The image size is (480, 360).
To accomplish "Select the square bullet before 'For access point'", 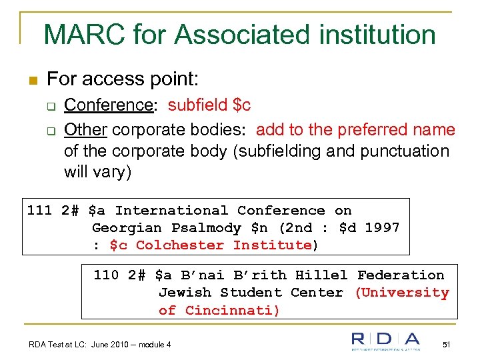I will (33, 81).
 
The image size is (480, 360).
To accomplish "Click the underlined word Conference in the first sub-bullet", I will (109, 105).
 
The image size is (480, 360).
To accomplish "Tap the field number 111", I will (39, 210).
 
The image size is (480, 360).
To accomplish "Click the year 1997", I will (382, 227).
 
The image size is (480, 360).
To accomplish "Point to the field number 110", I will (107, 275).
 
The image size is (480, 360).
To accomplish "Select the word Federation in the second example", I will (401, 275).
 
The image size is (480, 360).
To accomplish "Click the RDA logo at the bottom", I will (386, 341).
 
